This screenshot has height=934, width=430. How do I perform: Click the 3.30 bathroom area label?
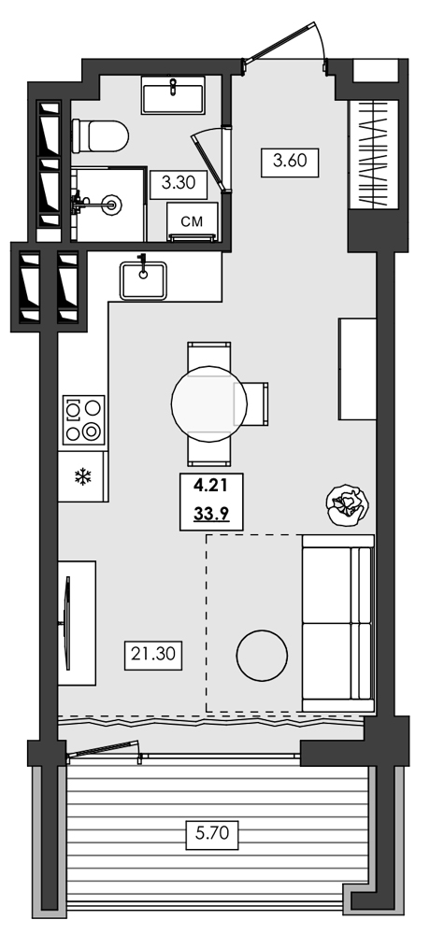pos(178,183)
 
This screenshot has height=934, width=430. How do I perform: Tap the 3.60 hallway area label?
pos(290,161)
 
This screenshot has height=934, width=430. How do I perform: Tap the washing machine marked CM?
pos(192,223)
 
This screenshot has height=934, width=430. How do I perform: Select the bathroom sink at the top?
pos(174,96)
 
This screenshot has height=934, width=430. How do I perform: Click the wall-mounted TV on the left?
pos(67,620)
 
